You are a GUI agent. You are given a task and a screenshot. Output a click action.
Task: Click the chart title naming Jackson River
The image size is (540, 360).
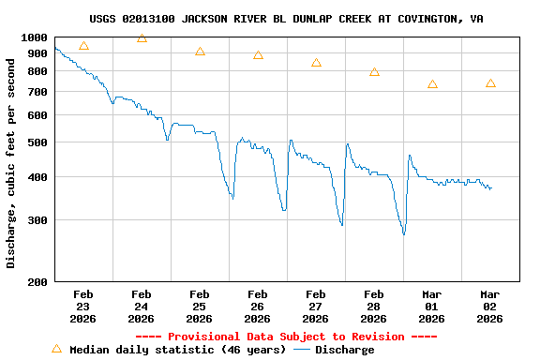pos(287,19)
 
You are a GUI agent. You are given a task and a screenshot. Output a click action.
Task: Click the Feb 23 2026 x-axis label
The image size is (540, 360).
pos(82,306)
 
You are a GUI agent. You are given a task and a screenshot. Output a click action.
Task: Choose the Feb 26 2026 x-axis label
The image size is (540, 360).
pos(257,306)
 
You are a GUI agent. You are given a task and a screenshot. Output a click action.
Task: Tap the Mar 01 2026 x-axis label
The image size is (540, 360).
pos(431,306)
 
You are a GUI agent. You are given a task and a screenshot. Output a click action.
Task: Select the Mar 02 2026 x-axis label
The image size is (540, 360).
pos(489,306)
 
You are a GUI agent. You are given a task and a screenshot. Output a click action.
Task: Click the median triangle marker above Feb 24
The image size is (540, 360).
pos(142,38)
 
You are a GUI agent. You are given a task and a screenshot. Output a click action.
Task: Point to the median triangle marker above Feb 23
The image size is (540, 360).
pos(83,46)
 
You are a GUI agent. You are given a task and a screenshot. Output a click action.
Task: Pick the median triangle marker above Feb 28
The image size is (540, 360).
pos(374,72)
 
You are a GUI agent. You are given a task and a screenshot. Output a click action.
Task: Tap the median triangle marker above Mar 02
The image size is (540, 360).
pos(490,84)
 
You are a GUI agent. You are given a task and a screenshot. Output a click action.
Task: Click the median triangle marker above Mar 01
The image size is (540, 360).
pos(432,84)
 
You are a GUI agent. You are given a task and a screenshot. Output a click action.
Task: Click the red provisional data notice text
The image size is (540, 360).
pos(286,337)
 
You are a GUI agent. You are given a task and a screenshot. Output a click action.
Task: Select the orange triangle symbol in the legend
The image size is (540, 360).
pos(56,349)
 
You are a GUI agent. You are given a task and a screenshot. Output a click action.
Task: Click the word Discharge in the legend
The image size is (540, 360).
pos(344,350)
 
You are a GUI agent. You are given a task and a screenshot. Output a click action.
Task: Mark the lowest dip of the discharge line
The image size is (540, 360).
pos(404,233)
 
